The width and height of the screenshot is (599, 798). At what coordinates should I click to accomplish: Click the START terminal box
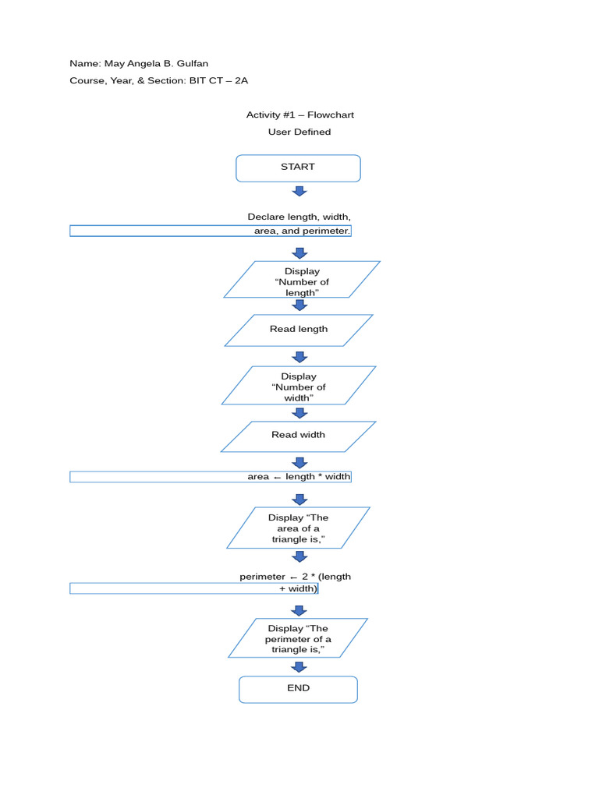click(298, 168)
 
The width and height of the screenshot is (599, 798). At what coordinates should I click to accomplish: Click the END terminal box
click(298, 689)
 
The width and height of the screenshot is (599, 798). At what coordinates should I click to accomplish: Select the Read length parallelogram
click(299, 330)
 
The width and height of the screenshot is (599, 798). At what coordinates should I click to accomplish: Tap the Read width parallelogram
click(299, 436)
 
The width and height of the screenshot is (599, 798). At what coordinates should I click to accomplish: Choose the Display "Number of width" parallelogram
click(299, 386)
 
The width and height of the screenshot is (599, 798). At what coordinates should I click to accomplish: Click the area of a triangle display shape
click(298, 528)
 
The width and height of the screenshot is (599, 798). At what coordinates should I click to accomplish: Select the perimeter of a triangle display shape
click(298, 638)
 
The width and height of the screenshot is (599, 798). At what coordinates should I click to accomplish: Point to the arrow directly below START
click(299, 191)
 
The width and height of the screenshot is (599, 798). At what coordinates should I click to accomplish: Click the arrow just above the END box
click(299, 667)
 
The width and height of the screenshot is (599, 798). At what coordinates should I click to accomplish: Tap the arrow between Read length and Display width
click(299, 357)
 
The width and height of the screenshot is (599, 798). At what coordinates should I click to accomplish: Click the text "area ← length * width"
click(299, 477)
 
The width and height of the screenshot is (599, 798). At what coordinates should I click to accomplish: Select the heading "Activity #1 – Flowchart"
click(299, 115)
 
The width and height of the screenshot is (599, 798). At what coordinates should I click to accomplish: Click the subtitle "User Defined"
click(299, 132)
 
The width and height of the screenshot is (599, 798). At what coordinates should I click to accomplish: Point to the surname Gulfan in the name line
click(192, 64)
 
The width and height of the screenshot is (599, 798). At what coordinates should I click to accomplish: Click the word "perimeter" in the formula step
click(262, 577)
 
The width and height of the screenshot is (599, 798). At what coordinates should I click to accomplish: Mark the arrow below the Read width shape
click(299, 463)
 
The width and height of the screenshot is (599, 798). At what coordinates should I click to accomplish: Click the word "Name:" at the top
click(84, 64)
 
